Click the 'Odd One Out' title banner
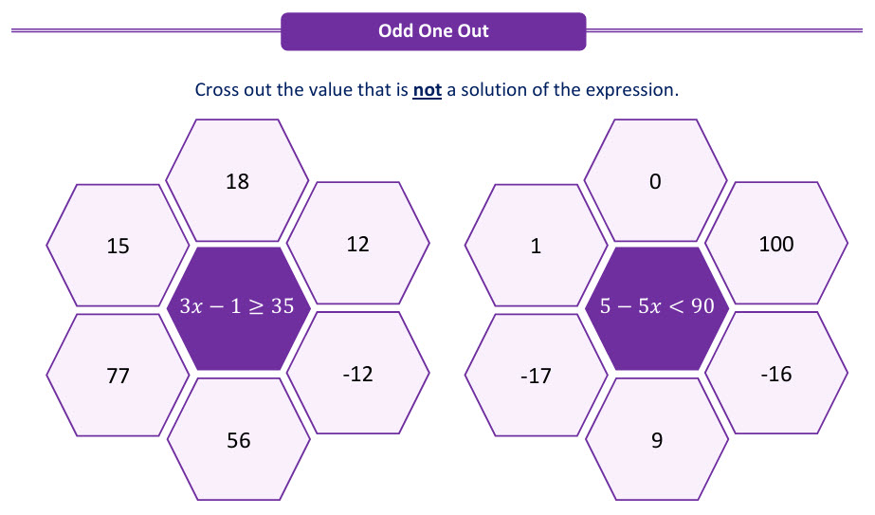click(x=433, y=31)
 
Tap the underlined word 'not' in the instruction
click(x=427, y=90)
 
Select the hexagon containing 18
click(x=237, y=180)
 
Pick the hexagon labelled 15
click(x=118, y=246)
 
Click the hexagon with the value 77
click(x=118, y=375)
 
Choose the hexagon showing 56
click(x=238, y=439)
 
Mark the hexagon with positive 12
click(x=357, y=243)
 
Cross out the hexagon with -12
click(x=357, y=373)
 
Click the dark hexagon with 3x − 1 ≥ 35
click(x=238, y=308)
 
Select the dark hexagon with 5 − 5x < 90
click(x=657, y=308)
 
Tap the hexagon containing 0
click(x=656, y=180)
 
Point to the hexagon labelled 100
click(x=776, y=243)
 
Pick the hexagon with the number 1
click(x=537, y=246)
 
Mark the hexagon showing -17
click(x=537, y=375)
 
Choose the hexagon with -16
click(x=776, y=373)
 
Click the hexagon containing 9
click(x=657, y=439)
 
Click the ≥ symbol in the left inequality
click(x=256, y=306)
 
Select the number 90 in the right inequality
click(x=702, y=306)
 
